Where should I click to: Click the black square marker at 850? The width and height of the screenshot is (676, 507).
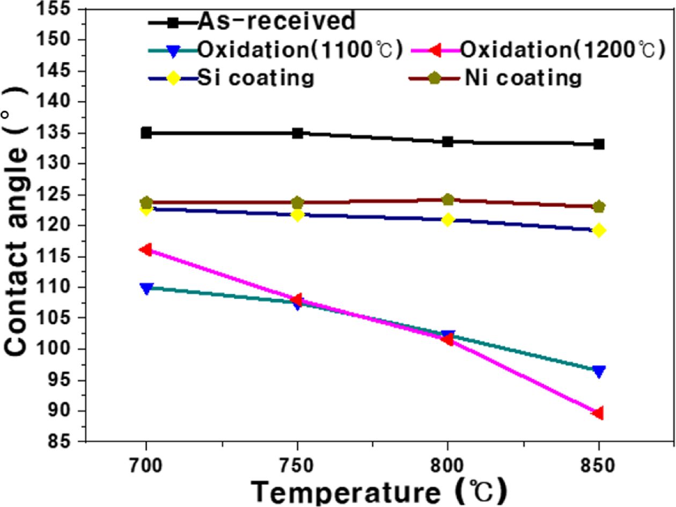point(599,144)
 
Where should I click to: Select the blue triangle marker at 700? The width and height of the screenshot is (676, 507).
point(146,288)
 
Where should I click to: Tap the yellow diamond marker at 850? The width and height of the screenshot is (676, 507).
point(599,230)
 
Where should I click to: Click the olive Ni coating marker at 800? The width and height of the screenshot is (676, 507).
point(448,200)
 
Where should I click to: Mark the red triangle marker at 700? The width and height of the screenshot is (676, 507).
point(145,249)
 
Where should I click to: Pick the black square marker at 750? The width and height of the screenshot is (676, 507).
point(298,133)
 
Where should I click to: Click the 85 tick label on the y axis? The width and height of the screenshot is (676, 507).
point(58,442)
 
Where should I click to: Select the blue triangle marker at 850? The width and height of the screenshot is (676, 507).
point(599,372)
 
